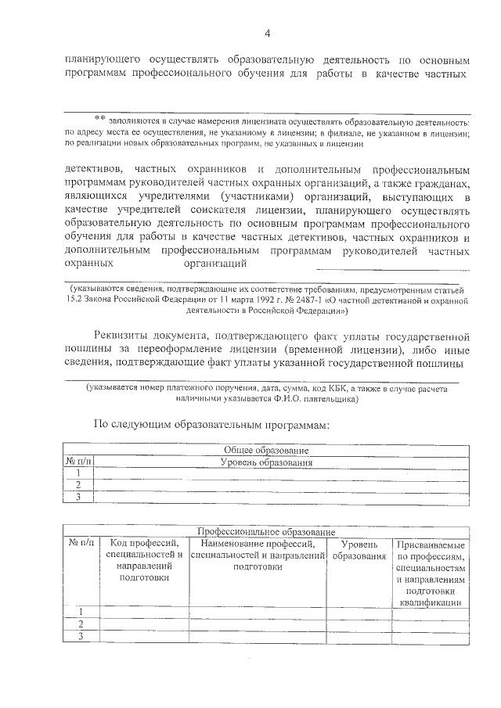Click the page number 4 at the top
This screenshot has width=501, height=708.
click(x=267, y=33)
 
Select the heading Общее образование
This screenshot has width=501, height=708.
click(x=266, y=451)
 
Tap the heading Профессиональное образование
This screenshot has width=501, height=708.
click(x=266, y=532)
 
